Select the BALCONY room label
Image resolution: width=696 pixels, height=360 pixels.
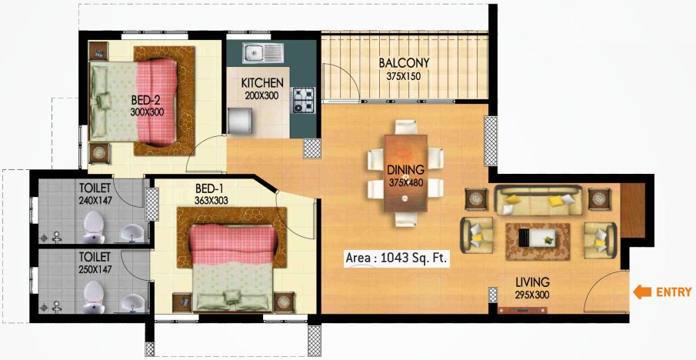(x=404, y=63)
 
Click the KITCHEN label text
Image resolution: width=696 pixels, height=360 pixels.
(x=262, y=83)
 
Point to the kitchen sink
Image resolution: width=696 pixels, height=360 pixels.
(x=262, y=53)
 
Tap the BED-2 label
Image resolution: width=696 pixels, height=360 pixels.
(x=145, y=100)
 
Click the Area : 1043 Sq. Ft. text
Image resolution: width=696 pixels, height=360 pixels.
(x=397, y=259)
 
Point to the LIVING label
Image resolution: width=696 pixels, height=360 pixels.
(x=533, y=282)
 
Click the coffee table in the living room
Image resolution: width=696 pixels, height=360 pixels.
(x=537, y=235)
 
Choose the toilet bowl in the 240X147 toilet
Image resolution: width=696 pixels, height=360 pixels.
(x=92, y=224)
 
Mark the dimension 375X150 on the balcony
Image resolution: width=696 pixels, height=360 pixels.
(x=404, y=76)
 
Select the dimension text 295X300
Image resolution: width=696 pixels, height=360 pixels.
(x=533, y=295)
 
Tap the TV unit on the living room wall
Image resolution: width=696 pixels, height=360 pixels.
(x=526, y=310)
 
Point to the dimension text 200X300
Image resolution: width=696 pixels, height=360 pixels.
(x=262, y=95)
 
